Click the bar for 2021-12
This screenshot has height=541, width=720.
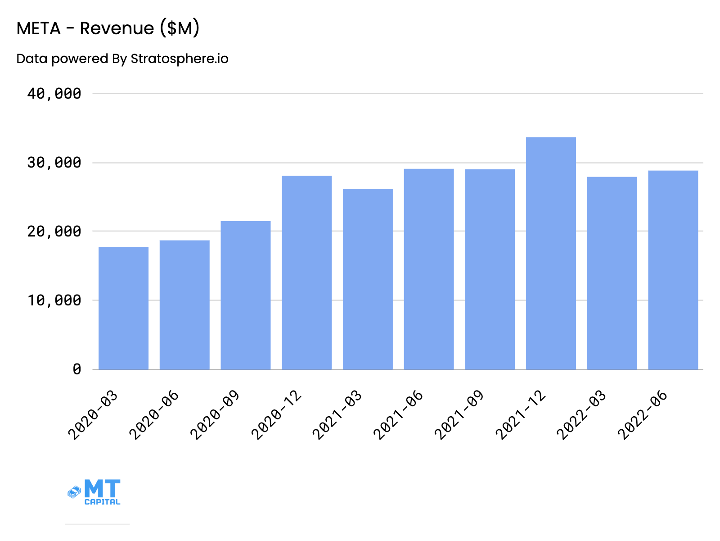(551, 253)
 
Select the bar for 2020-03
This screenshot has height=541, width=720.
(123, 308)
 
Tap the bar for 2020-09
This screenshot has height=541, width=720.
(246, 295)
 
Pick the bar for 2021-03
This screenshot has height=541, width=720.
(368, 279)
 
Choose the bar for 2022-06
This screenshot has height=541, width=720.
(673, 270)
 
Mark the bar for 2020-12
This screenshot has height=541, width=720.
(306, 273)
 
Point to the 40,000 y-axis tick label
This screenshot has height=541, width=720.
(54, 94)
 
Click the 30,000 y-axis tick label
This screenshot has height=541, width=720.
(54, 163)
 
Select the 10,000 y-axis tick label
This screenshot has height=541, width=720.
(54, 300)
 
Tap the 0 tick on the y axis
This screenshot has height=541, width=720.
(77, 369)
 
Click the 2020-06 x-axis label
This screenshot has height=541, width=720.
(154, 415)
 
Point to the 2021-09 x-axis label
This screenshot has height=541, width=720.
(459, 415)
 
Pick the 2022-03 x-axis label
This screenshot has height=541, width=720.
(581, 415)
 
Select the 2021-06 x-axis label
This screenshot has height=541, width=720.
(398, 415)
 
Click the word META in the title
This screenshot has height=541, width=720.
(38, 29)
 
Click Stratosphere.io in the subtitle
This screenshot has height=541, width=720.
(179, 59)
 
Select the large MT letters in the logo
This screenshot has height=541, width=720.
(102, 488)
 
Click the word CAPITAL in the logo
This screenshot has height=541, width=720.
(102, 502)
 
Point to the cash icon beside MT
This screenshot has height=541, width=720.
(74, 492)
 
